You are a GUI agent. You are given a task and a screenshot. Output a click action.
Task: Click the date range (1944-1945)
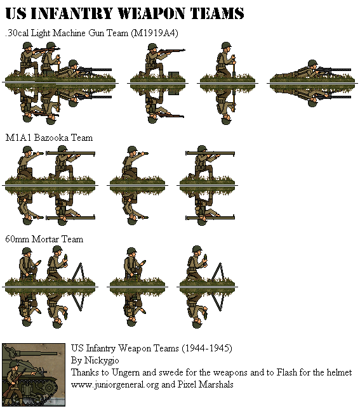click(x=207, y=348)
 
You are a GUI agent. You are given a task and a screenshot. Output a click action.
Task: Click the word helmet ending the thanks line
click(x=337, y=372)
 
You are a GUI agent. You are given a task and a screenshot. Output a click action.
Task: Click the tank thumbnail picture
click(x=34, y=375)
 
